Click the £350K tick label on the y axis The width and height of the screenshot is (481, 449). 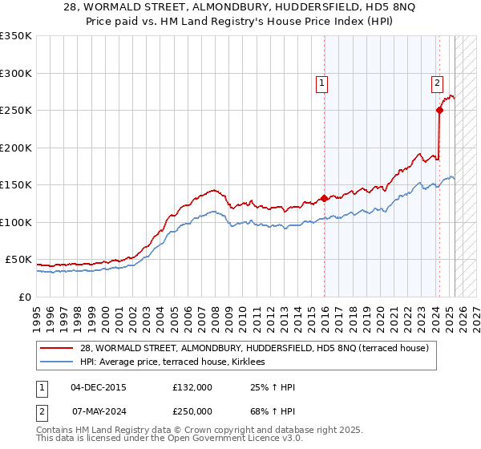coord(15,36)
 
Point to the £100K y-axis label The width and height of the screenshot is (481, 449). coord(15,222)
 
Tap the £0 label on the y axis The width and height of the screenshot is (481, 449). coord(23,297)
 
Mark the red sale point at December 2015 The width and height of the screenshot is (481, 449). coord(324,198)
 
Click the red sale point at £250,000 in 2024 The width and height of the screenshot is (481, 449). coord(440,111)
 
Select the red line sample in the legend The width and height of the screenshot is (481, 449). coord(57,348)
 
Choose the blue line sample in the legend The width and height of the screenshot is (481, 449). coord(57,362)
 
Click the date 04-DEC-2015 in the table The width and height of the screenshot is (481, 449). coord(99,387)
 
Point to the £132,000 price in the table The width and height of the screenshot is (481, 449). coord(192,387)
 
